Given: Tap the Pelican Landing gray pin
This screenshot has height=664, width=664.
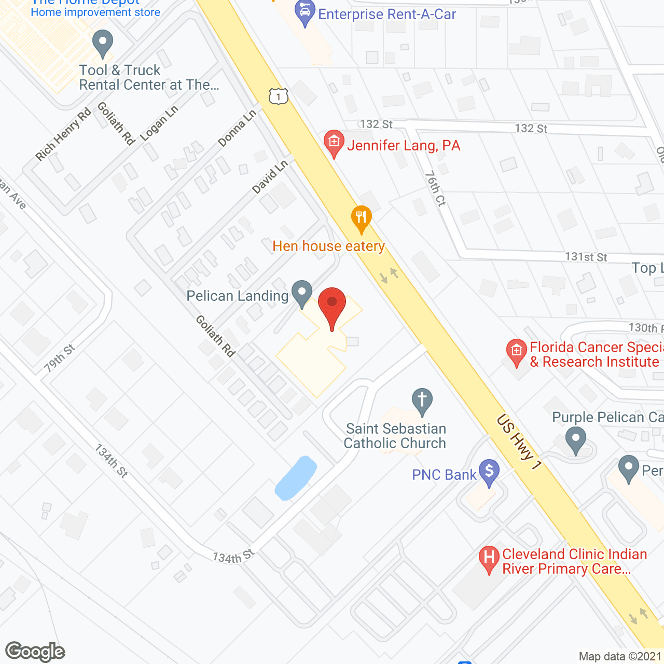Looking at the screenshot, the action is click(302, 294).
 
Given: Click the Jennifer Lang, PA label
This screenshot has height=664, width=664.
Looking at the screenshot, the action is click(404, 146).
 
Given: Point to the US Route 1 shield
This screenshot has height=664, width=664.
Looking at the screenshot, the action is click(279, 96).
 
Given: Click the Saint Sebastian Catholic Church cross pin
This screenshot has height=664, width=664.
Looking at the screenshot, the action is click(422, 402).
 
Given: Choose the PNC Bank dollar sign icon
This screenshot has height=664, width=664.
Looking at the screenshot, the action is click(489, 472).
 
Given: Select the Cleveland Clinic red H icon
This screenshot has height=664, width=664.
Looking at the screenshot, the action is click(489, 559).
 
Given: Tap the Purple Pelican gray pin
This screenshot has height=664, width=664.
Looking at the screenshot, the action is click(575, 440).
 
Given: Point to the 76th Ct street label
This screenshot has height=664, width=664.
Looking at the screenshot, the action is click(435, 189).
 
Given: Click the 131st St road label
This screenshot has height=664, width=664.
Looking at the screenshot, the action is click(586, 257).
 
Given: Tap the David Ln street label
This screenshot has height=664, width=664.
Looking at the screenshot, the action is click(270, 177).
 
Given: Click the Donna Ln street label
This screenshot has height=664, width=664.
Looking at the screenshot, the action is click(237, 128).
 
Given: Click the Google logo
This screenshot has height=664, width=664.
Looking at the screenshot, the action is click(35, 652).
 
